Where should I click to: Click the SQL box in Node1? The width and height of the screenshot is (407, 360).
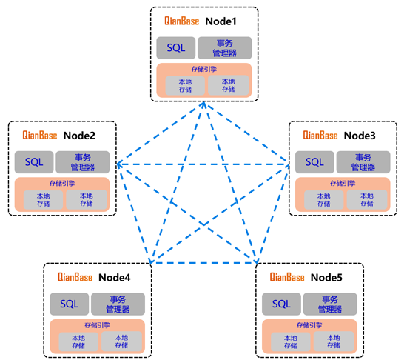tap(175, 48)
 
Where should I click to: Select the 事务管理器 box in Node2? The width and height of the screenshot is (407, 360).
tap(83, 162)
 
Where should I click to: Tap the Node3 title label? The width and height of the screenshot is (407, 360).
tap(360, 136)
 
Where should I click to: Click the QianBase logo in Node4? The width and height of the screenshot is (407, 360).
tap(75, 277)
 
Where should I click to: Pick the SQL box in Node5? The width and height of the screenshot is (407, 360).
tap(281, 304)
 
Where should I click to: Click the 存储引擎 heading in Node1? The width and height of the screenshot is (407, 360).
tap(204, 69)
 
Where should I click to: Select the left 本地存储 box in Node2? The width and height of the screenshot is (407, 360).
tap(43, 200)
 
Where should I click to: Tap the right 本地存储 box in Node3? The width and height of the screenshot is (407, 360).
tap(367, 199)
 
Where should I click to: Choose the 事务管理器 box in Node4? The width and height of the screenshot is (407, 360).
tap(118, 304)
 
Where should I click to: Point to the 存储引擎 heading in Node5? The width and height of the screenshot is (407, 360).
tap(309, 325)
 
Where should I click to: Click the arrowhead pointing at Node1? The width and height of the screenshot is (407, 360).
tap(204, 104)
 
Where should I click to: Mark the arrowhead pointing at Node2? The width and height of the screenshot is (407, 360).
tap(119, 164)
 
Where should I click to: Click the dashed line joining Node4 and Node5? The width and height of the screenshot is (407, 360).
tap(203, 263)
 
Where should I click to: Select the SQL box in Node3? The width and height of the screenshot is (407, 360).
tap(314, 162)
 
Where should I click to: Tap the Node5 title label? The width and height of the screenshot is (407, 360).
tap(326, 277)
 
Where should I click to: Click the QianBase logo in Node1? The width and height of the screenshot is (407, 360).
tap(182, 21)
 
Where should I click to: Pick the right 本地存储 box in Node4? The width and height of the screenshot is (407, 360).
tap(121, 341)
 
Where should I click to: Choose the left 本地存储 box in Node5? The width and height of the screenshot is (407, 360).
tap(291, 341)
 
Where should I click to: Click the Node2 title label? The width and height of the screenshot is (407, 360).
tap(79, 136)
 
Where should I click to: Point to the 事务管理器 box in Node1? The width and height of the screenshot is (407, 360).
tap(224, 48)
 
